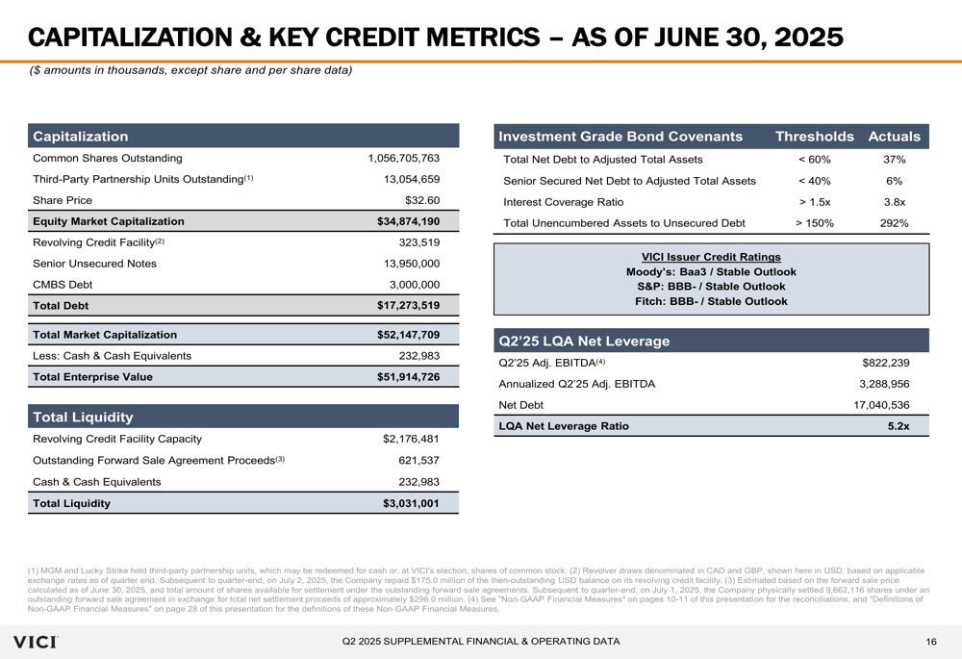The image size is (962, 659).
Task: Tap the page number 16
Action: point(931,642)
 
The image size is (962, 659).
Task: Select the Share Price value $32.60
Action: point(421,201)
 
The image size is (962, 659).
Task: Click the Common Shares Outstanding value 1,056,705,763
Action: point(403,159)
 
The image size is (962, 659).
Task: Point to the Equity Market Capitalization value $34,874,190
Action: point(408,221)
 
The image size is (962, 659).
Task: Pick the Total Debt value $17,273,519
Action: point(408,306)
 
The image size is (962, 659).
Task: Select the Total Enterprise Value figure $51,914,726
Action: point(408,377)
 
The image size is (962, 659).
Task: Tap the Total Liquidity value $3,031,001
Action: point(411,503)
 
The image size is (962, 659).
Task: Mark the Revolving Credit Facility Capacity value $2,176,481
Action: point(411,440)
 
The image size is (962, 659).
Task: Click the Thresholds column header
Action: point(814,138)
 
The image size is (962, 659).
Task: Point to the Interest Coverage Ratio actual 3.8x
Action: point(894,202)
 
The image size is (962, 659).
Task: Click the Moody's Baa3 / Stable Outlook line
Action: point(711,272)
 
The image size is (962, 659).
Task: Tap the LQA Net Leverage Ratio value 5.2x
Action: point(899,426)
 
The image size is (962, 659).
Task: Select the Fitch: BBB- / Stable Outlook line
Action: point(711,301)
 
